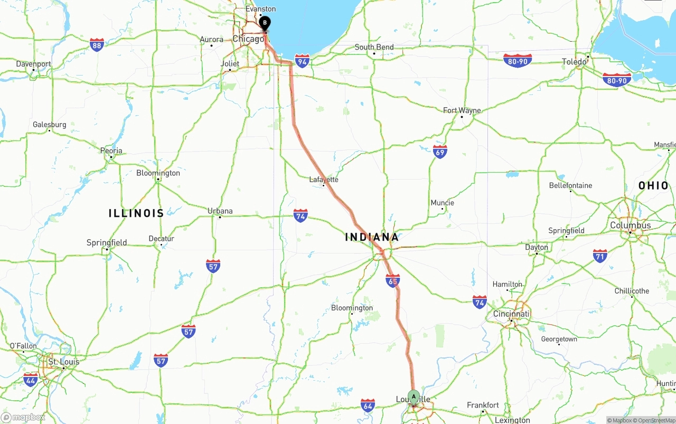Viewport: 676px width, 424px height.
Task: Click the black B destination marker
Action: coord(265,23)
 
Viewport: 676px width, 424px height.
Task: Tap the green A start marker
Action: coord(414,397)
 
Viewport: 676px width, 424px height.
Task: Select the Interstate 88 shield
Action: coord(97,44)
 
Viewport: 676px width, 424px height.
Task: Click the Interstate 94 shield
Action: coord(302,61)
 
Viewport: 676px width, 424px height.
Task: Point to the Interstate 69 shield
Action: coord(440,152)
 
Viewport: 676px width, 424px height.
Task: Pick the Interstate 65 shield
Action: coord(392,281)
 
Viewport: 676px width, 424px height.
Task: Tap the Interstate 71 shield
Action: coord(600,256)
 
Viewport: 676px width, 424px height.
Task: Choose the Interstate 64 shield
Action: coord(368,405)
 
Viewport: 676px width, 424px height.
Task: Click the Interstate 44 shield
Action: coord(31,379)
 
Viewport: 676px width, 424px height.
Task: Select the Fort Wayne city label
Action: coord(462,110)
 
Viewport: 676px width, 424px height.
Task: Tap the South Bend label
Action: coord(374,47)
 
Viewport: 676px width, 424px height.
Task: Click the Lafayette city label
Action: coord(324,180)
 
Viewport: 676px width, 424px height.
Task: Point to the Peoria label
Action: coord(111,150)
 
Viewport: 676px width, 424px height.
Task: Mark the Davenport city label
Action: coord(33,64)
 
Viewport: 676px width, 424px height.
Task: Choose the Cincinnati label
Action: coord(511,314)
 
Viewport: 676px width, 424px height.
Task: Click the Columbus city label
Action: coord(631,225)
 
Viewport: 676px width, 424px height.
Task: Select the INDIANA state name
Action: coord(372,237)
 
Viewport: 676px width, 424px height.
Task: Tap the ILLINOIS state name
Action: coord(136,213)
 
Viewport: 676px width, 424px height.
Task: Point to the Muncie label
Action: coord(443,203)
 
